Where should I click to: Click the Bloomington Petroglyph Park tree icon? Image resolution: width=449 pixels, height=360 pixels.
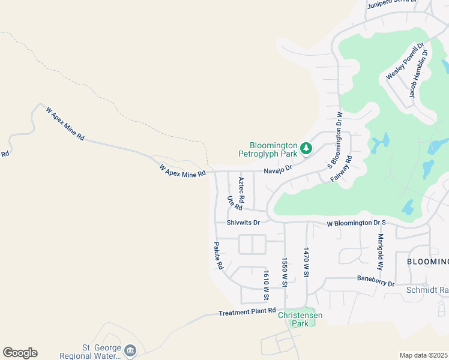[x=306, y=147]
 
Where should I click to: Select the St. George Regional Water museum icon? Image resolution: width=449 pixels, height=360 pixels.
[x=130, y=350]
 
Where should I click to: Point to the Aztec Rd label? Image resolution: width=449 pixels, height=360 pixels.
[x=241, y=190]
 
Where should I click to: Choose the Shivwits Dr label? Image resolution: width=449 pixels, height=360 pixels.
[x=243, y=222]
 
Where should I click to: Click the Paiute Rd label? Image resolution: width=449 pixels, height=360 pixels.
[x=219, y=256]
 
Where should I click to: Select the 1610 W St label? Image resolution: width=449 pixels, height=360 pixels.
[x=265, y=285]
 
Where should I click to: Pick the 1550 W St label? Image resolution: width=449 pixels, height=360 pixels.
[x=285, y=273]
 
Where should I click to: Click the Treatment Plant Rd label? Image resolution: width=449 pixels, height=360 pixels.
[x=246, y=313]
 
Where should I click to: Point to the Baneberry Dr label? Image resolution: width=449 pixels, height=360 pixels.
[x=375, y=280]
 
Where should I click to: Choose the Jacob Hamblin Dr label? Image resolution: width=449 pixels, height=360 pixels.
[x=418, y=74]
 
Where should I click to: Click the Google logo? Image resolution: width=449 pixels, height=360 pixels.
[x=20, y=353]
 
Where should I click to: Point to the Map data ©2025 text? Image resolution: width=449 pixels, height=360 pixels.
[x=423, y=355]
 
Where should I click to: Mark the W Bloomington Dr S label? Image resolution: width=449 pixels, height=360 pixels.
[x=355, y=223]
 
